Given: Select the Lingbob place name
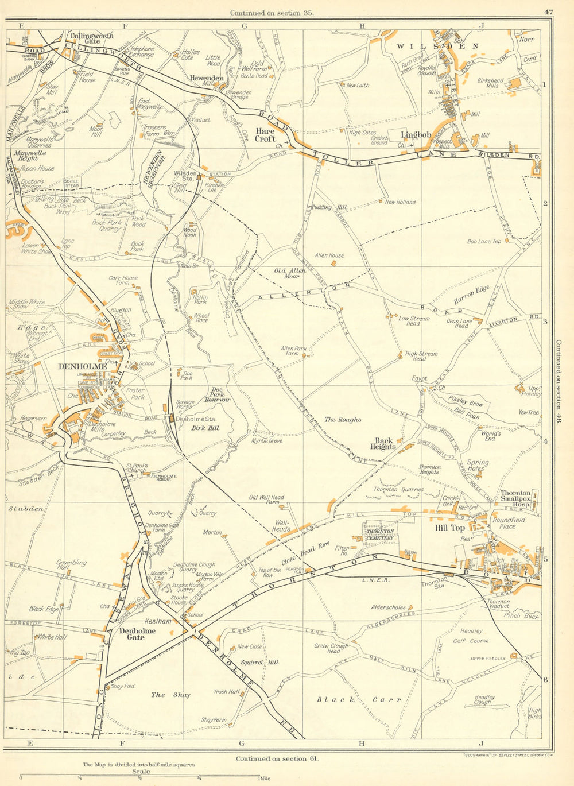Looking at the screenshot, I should click(416, 135).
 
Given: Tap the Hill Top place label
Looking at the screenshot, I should click(449, 528).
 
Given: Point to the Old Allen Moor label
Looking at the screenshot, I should click(287, 273).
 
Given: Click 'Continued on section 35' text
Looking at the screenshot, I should click(271, 13).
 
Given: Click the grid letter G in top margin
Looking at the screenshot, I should click(244, 25).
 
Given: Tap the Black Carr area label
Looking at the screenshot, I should click(344, 699).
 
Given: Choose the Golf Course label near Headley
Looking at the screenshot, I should click(471, 641).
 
